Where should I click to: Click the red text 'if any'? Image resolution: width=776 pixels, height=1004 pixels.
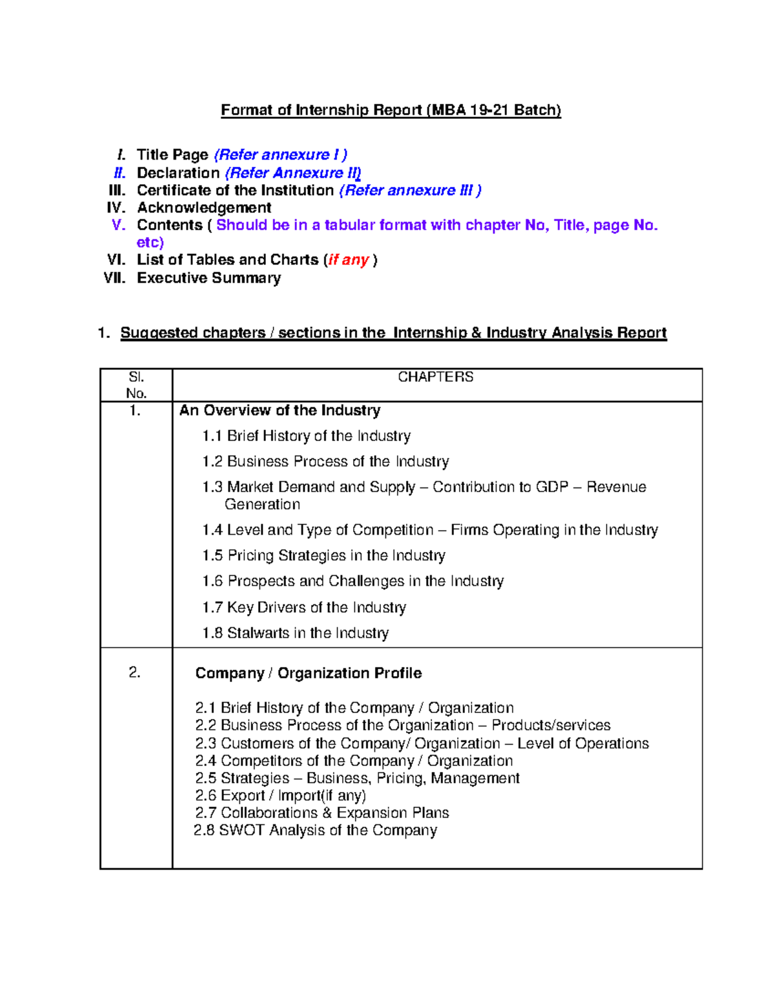click(349, 260)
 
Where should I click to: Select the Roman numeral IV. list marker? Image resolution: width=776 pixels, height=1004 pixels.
click(116, 208)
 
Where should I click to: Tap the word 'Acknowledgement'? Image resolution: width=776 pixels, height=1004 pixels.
click(204, 208)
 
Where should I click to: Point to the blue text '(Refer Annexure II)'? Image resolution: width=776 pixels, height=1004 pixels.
click(292, 173)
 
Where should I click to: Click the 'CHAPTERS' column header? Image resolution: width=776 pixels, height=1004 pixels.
click(435, 377)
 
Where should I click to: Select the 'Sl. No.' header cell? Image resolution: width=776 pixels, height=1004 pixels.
click(136, 385)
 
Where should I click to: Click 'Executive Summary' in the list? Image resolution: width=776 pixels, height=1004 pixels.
click(208, 278)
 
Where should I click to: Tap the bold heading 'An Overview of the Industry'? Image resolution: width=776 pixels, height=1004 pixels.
click(279, 411)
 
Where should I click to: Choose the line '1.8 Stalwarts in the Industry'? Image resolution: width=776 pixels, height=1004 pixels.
click(295, 633)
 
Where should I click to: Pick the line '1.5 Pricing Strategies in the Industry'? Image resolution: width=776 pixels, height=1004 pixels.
click(323, 555)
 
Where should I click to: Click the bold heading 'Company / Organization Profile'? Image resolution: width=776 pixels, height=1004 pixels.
click(308, 673)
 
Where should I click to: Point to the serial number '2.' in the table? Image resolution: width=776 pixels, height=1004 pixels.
click(135, 673)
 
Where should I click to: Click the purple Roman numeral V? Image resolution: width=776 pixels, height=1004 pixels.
click(118, 225)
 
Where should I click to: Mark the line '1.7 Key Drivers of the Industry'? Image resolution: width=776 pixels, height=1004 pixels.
click(304, 607)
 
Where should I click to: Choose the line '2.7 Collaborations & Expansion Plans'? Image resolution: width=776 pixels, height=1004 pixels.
click(322, 813)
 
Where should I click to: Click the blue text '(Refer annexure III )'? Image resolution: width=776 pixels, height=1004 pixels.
click(410, 191)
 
